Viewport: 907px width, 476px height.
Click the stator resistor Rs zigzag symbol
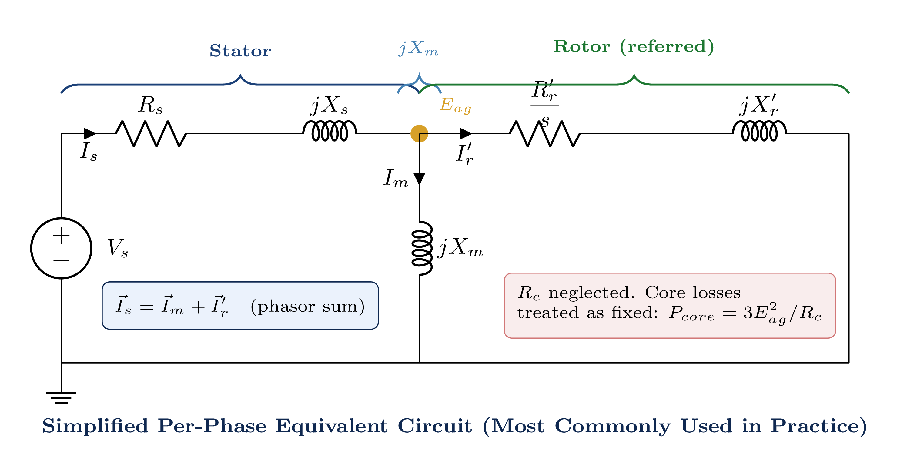coord(151,133)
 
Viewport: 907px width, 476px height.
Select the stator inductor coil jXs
coord(330,131)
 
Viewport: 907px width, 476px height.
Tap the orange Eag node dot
coord(419,134)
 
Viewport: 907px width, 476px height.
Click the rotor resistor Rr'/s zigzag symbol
coord(544,133)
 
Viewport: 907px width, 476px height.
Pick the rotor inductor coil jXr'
coord(759,131)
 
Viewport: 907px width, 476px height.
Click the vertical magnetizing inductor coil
coord(422,248)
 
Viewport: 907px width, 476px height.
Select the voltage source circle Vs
coord(61,248)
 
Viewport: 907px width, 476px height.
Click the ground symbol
coord(61,397)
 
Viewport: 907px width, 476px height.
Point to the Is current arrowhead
coord(90,134)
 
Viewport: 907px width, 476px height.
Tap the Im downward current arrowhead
coord(419,179)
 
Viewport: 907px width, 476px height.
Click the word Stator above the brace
coord(240,51)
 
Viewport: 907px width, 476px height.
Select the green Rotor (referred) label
coord(634,46)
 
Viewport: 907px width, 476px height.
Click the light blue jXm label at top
coord(418,48)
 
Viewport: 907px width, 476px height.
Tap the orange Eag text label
coord(455,105)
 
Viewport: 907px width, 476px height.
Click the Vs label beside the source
coord(118,248)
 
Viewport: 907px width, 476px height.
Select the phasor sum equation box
coord(240,305)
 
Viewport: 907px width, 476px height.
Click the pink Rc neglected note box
coord(669,305)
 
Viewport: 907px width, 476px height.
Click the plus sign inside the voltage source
coord(61,236)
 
